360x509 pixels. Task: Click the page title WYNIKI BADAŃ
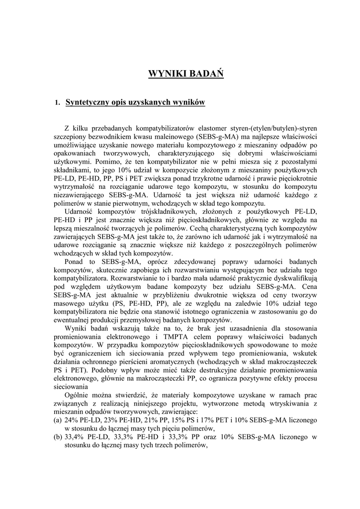click(x=186, y=75)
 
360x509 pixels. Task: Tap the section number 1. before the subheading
click(x=57, y=103)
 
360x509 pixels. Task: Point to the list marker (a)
click(x=58, y=420)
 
